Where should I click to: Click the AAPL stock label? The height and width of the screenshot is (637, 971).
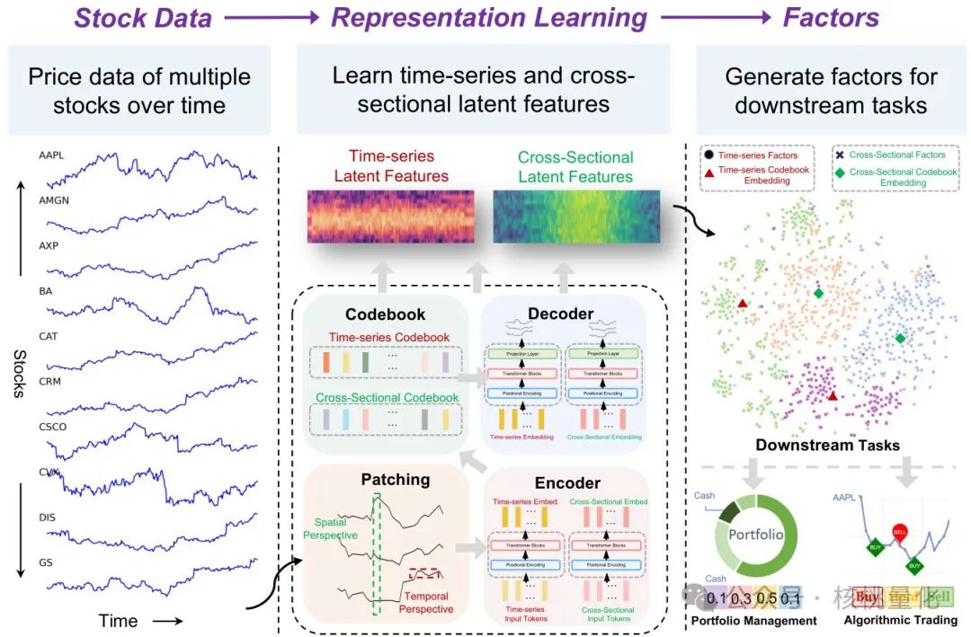pos(51,155)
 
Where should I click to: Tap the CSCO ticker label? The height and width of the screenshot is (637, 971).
pos(52,428)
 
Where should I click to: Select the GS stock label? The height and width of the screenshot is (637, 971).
pos(46,562)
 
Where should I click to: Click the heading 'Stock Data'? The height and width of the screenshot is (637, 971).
pos(143,18)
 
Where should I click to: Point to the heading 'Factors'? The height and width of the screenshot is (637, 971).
pos(831,18)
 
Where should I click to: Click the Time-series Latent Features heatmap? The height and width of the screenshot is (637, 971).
pos(390,217)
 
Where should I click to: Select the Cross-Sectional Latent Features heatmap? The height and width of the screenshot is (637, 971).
pos(575,217)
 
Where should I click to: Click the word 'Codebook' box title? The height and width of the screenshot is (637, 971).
pos(385,314)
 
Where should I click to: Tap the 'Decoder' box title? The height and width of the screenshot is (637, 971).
pos(561,314)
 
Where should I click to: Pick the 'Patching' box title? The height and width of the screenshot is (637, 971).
pos(396,479)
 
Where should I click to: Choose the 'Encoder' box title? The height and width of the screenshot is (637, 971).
pos(566,482)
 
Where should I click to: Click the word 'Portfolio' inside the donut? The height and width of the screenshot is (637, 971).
pos(756,534)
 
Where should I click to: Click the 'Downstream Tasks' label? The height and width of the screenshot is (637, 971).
pos(827,445)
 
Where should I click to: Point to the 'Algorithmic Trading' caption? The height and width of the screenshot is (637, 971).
pos(900,620)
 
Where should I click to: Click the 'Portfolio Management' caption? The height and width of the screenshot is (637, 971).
pos(753,621)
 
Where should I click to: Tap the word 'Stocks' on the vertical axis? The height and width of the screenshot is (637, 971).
pos(20,374)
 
